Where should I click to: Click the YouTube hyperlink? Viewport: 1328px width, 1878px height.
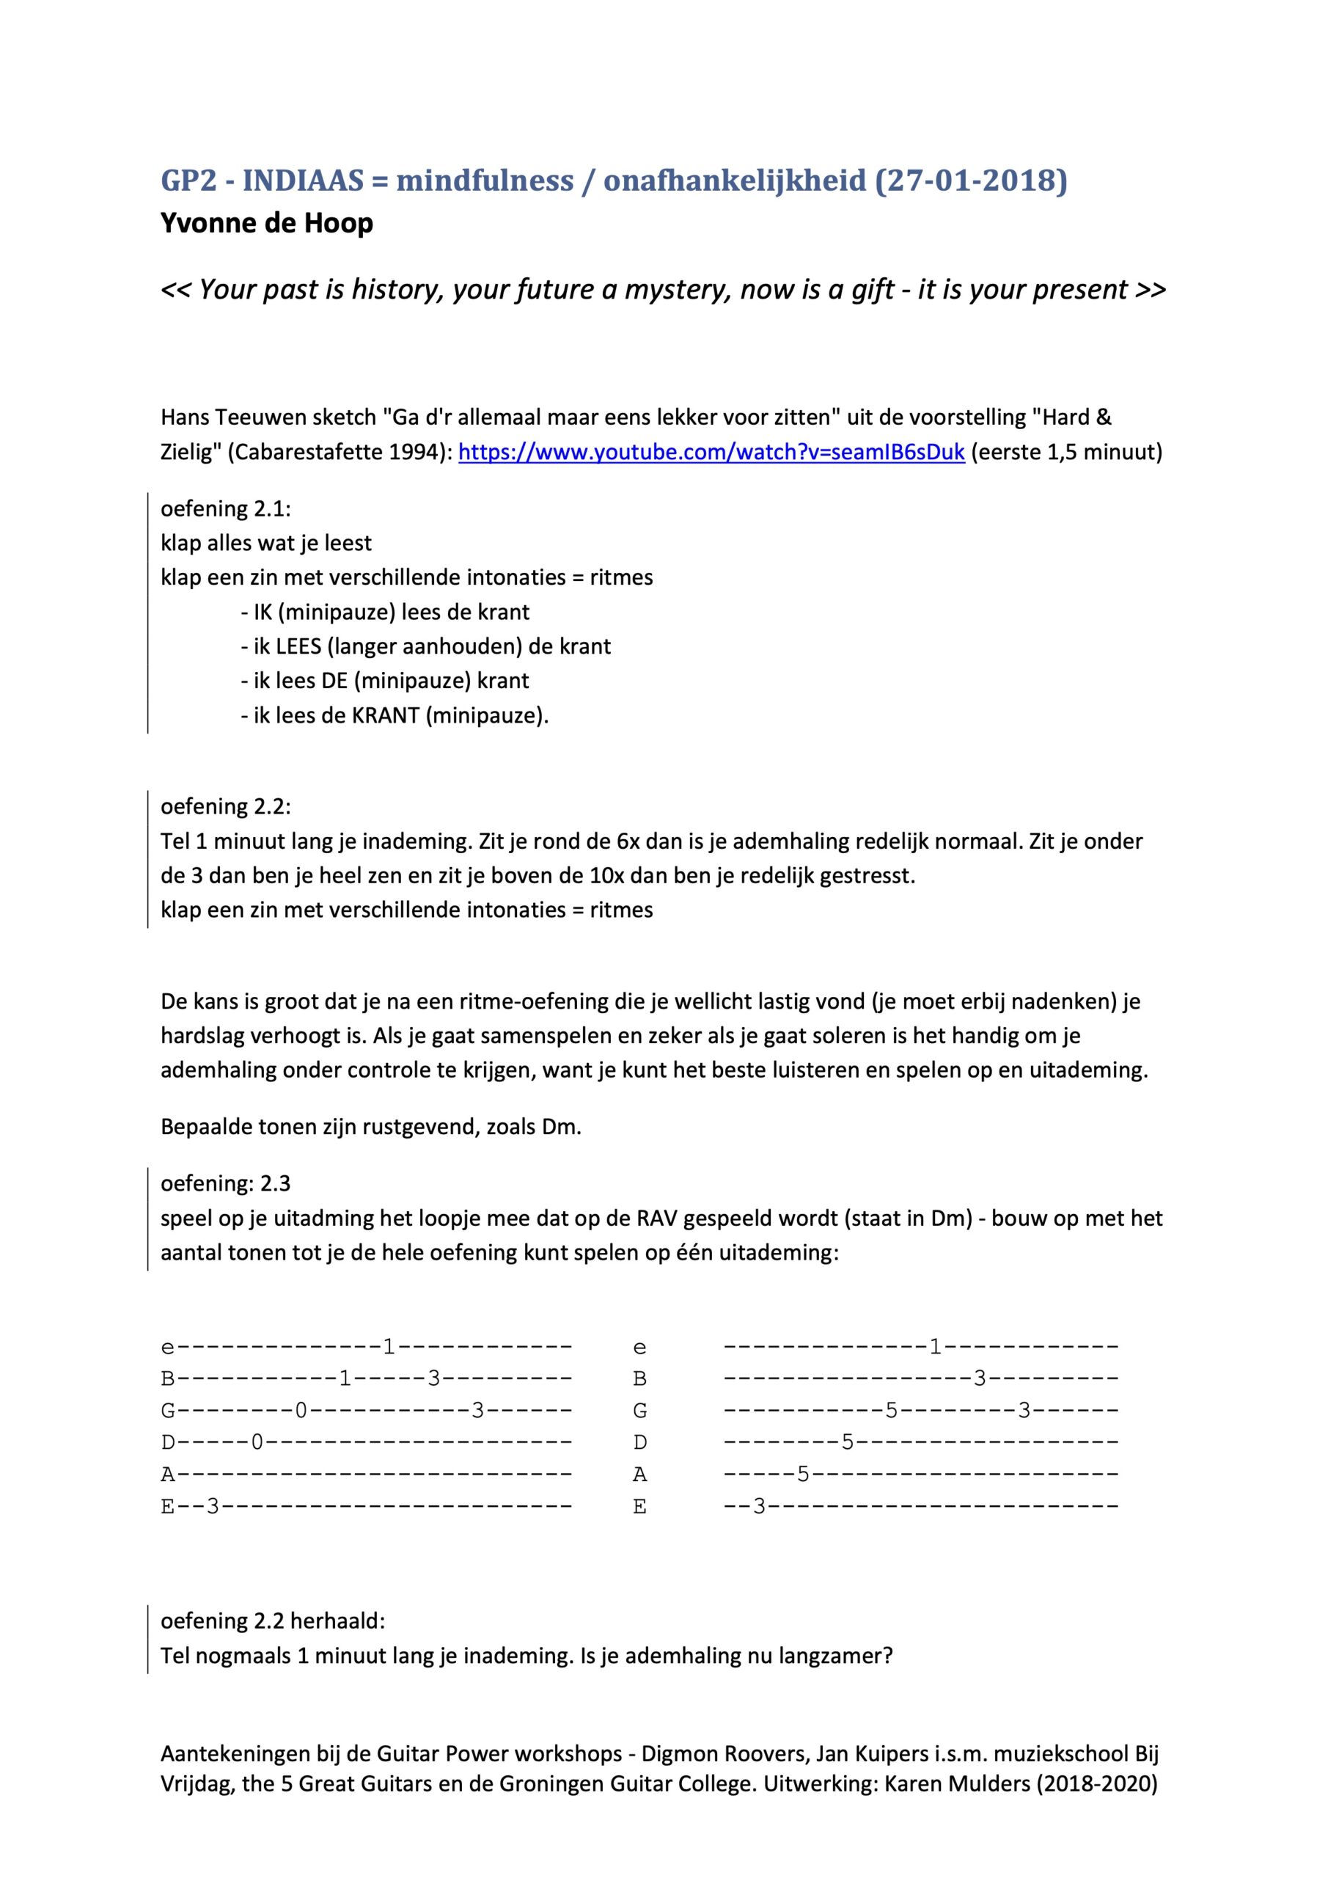pos(711,453)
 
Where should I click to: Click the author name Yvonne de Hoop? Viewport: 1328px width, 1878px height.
pos(267,223)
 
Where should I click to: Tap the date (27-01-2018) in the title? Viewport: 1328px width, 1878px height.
pos(971,180)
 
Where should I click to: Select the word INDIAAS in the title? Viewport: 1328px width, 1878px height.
pos(303,180)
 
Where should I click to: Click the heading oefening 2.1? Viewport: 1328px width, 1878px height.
pos(226,509)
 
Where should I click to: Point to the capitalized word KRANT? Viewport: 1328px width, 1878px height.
pos(385,716)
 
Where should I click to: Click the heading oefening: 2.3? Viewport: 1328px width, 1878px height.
pos(226,1183)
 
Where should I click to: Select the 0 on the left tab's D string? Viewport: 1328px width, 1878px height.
pos(257,1442)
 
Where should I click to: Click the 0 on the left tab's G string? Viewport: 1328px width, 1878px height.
pos(301,1410)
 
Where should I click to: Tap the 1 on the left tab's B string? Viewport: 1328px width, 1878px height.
pos(345,1379)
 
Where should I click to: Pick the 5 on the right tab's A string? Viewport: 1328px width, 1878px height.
pos(803,1474)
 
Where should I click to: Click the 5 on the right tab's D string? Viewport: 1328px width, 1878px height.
pos(847,1442)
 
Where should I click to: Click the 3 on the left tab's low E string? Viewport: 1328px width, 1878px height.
pos(213,1506)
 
